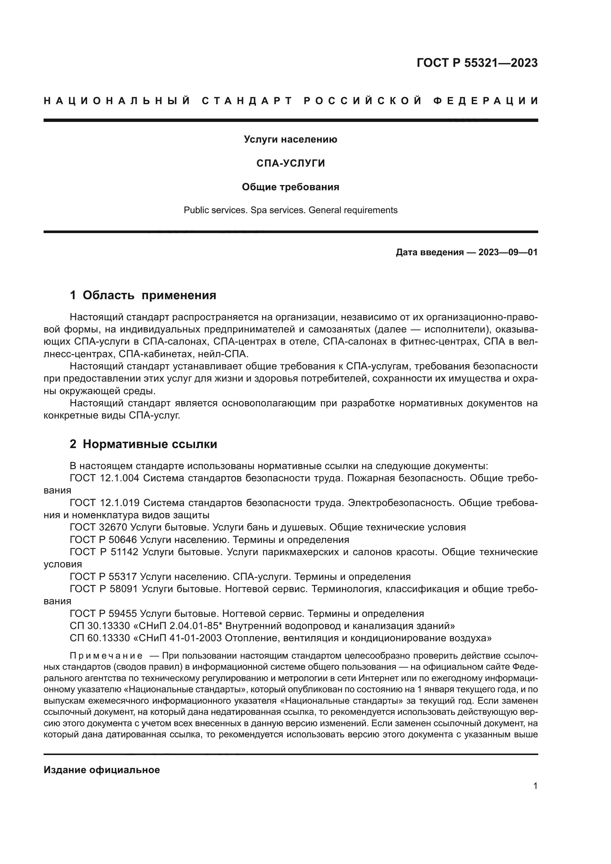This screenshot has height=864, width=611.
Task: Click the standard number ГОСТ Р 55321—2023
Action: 477,63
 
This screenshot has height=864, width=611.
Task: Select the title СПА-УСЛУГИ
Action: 290,163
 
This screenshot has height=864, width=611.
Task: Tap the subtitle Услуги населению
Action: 290,140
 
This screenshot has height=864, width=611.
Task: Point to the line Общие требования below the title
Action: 290,187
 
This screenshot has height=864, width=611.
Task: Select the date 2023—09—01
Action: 508,252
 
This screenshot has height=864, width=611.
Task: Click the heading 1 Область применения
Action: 143,296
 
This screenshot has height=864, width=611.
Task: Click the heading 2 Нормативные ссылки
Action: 143,444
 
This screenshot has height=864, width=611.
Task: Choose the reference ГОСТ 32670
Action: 98,527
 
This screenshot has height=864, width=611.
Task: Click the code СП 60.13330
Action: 99,638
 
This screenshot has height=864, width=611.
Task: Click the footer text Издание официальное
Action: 102,770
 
